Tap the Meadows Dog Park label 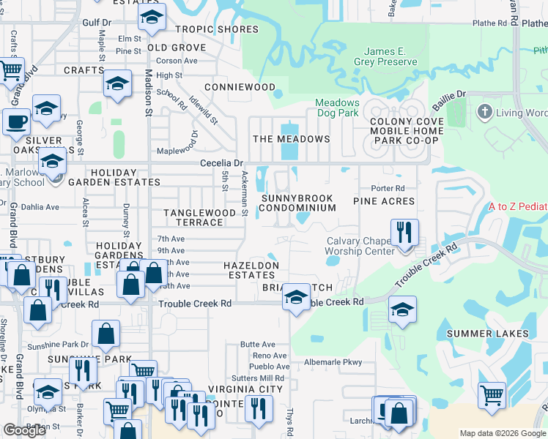point(338,108)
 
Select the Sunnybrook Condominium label point(297,203)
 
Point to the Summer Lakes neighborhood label point(487,334)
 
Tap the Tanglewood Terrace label point(199,217)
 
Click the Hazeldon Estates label point(252,270)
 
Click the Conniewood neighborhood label point(240,86)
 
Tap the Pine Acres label point(384,200)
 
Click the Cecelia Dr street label point(221,163)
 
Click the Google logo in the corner point(24,430)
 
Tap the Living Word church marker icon point(483,113)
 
